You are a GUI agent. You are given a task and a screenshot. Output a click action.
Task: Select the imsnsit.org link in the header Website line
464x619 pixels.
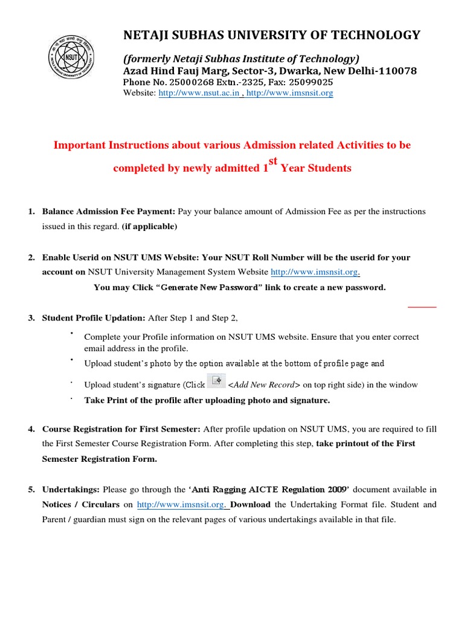[x=289, y=93]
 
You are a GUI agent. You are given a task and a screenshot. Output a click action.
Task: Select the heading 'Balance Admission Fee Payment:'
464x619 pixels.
[x=109, y=212]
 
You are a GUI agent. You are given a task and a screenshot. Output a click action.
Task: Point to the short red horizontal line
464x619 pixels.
[x=422, y=307]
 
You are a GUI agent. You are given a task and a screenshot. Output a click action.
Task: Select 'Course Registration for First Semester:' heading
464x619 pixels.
[x=121, y=429]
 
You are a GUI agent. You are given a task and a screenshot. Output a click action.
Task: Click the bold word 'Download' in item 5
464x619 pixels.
[x=250, y=504]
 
